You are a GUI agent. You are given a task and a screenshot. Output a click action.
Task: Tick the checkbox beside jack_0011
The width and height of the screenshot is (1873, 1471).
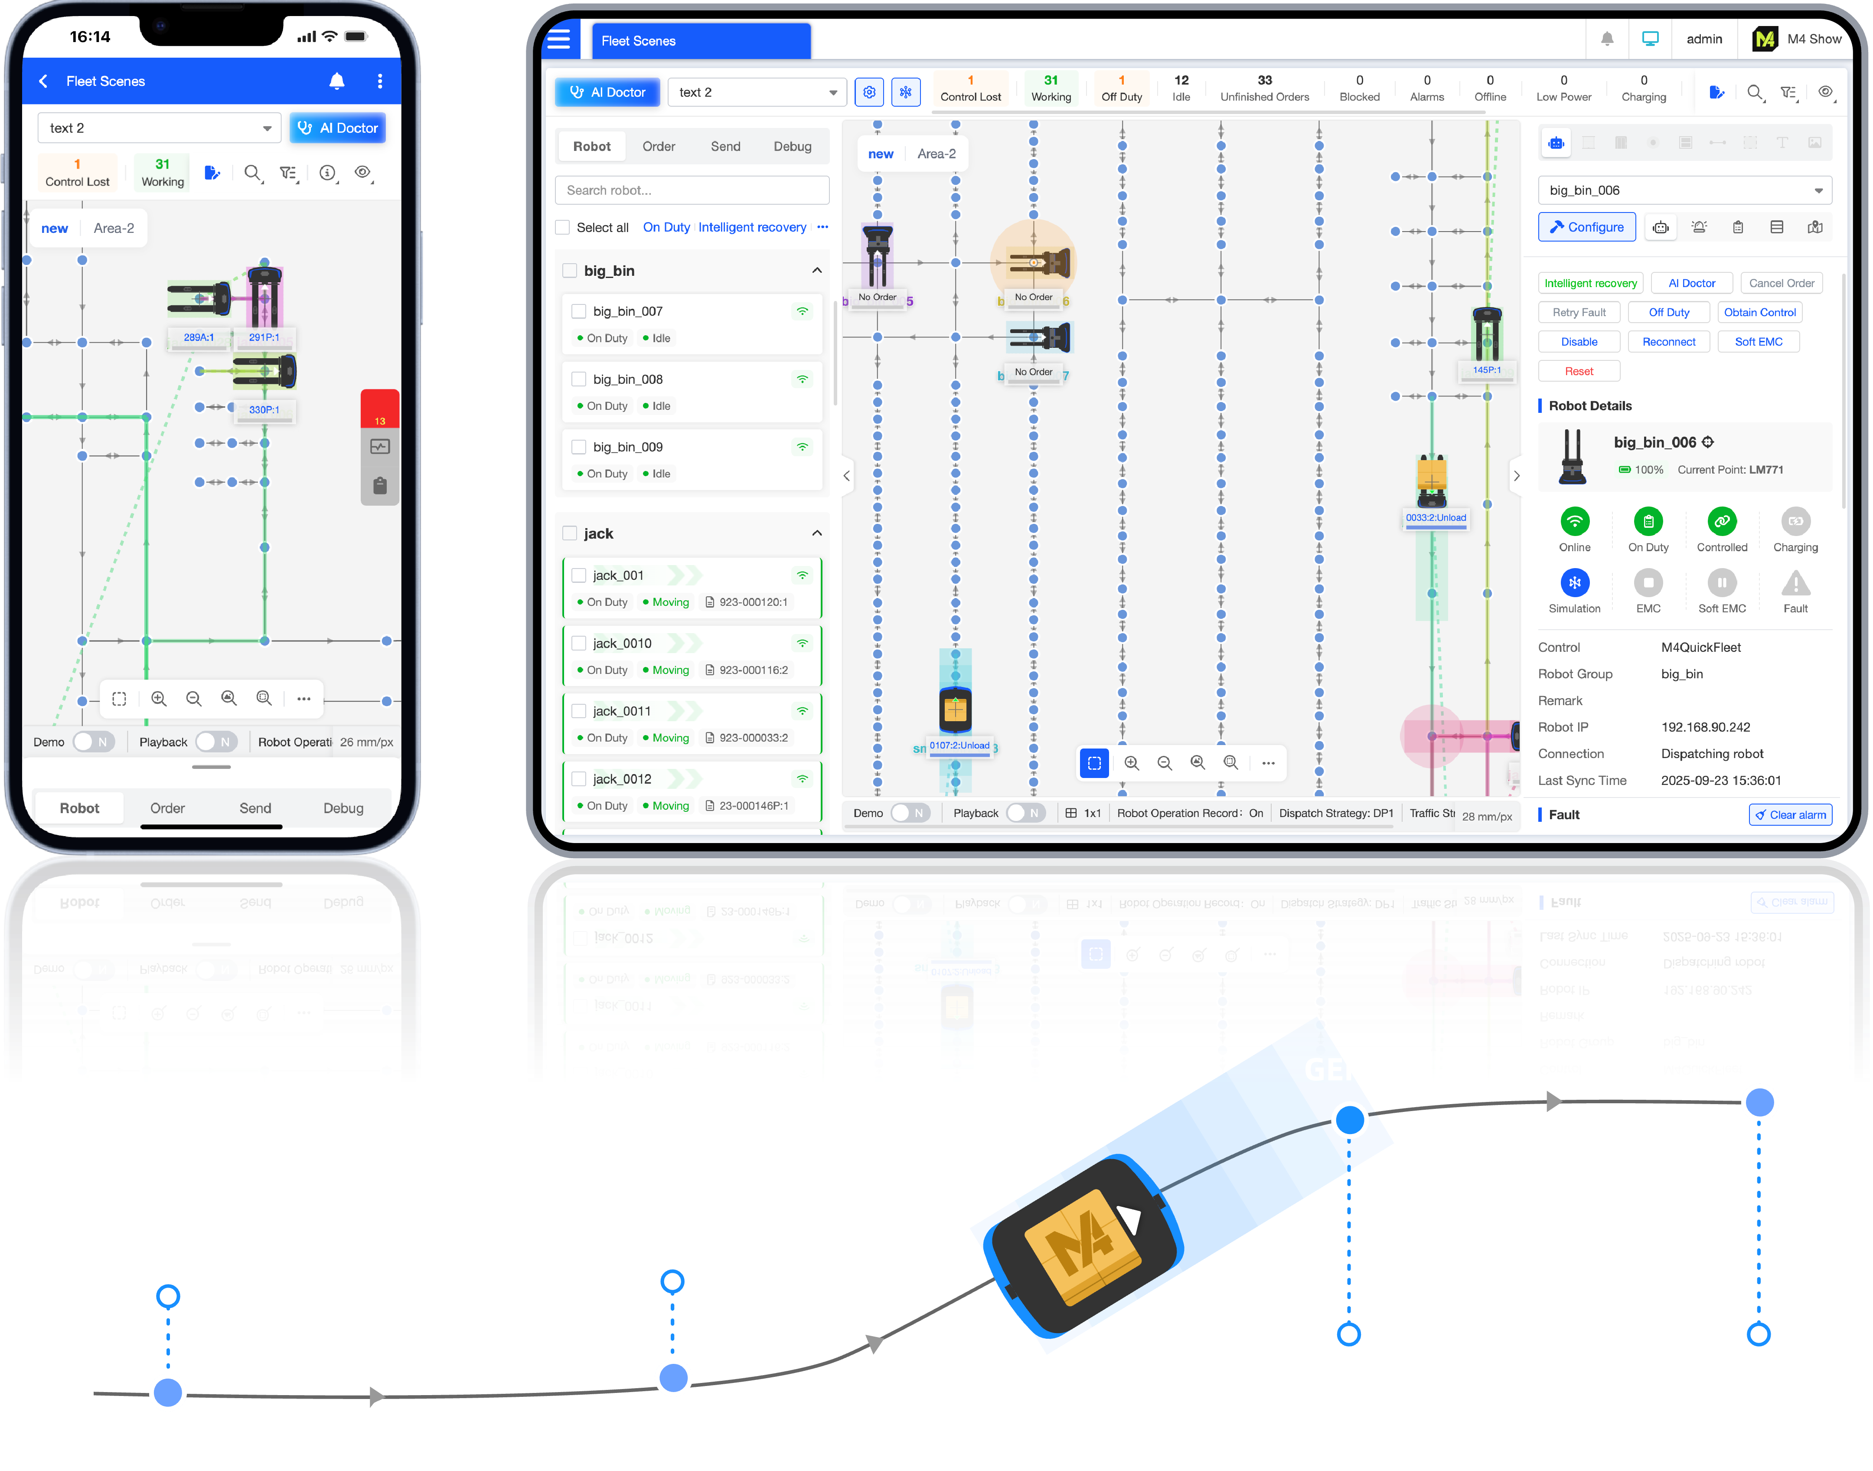tap(579, 711)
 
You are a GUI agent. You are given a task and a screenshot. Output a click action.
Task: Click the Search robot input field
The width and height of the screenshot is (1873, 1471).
tap(692, 190)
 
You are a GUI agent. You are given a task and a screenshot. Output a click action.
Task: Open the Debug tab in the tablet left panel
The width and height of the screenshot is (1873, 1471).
tap(792, 147)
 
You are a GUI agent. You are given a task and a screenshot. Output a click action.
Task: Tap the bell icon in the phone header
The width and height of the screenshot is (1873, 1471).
tap(337, 81)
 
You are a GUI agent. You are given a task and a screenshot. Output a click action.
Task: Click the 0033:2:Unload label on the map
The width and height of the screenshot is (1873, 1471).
tap(1436, 518)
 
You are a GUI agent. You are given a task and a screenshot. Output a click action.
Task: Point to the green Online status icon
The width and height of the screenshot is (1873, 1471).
tap(1574, 521)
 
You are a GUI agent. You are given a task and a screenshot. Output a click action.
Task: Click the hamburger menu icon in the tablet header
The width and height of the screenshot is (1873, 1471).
tap(559, 39)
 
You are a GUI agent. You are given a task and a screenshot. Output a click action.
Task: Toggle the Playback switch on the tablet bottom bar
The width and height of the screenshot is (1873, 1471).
tap(1025, 813)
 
